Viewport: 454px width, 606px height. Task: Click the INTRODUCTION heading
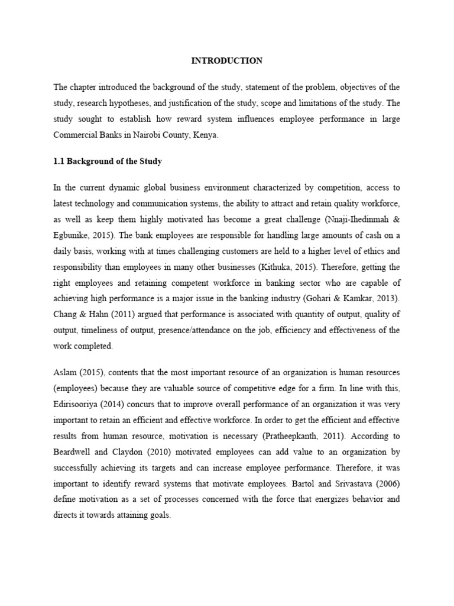click(226, 61)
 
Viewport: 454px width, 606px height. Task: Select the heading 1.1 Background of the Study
click(107, 161)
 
